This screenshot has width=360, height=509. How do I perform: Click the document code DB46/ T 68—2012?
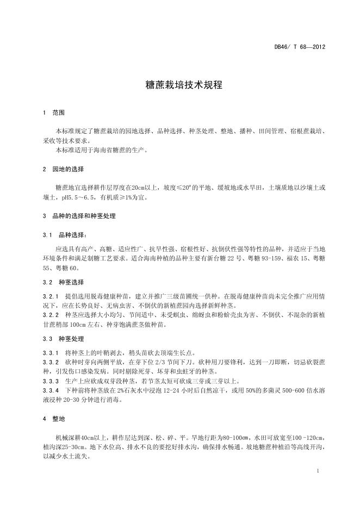[x=300, y=47]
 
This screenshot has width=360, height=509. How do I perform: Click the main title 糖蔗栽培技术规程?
[x=180, y=86]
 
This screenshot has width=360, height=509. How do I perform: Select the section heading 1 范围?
[x=54, y=113]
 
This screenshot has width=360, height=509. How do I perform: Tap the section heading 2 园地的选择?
[x=63, y=169]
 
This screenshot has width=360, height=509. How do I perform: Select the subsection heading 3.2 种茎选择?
[x=63, y=282]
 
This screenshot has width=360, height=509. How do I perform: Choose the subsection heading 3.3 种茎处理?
[x=63, y=338]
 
